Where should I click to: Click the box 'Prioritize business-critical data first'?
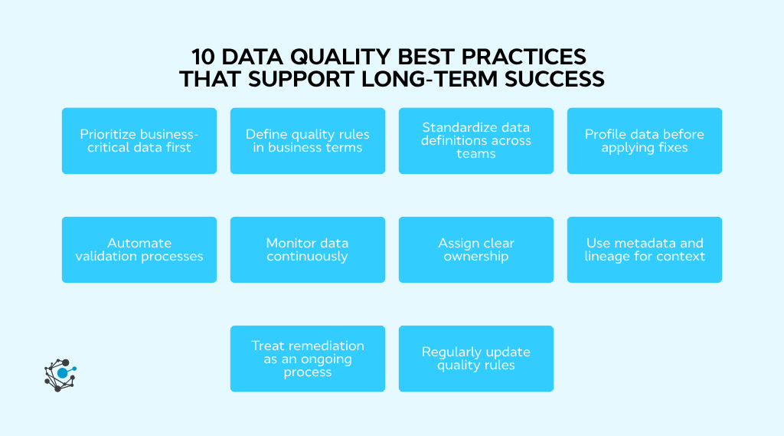pos(139,141)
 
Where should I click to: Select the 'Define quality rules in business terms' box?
pos(307,141)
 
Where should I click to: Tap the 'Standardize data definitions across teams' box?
pos(475,141)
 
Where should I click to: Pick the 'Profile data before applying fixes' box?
pos(644,141)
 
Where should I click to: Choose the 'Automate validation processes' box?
pos(139,250)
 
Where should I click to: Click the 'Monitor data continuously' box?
pos(307,250)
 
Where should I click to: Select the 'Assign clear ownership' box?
pos(475,250)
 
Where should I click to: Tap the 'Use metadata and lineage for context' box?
pos(644,250)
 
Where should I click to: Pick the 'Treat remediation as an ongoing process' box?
pos(307,359)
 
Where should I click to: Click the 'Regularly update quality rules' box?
pos(475,359)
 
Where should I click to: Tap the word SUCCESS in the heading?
pos(563,79)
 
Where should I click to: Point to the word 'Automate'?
pos(139,243)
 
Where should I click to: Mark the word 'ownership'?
pos(475,257)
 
